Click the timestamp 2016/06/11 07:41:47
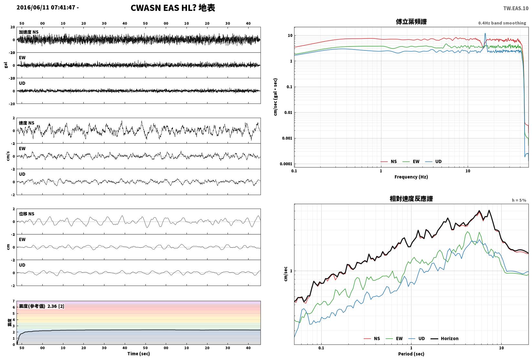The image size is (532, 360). pyautogui.click(x=46, y=7)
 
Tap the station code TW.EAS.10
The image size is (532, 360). pyautogui.click(x=516, y=8)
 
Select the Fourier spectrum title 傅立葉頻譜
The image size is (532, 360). pyautogui.click(x=411, y=22)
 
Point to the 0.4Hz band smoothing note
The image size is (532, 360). pyautogui.click(x=502, y=23)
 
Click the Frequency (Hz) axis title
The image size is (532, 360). pyautogui.click(x=411, y=177)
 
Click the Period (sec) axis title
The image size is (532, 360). pyautogui.click(x=411, y=354)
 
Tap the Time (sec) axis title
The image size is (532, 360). pyautogui.click(x=138, y=354)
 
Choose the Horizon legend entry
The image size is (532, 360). pyautogui.click(x=445, y=338)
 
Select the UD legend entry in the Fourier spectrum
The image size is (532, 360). pyautogui.click(x=433, y=161)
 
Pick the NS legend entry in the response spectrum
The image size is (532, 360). pyautogui.click(x=372, y=338)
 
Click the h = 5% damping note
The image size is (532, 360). pyautogui.click(x=519, y=200)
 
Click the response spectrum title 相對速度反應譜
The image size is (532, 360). pyautogui.click(x=411, y=199)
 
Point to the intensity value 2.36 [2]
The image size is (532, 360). pyautogui.click(x=56, y=306)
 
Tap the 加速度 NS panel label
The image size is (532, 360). pyautogui.click(x=28, y=32)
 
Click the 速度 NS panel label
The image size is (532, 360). pyautogui.click(x=27, y=123)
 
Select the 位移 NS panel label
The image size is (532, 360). pyautogui.click(x=27, y=214)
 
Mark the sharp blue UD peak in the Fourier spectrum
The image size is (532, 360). pyautogui.click(x=485, y=33)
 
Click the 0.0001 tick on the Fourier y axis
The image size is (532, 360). pyautogui.click(x=286, y=164)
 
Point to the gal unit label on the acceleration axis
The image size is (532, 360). pyautogui.click(x=6, y=65)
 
